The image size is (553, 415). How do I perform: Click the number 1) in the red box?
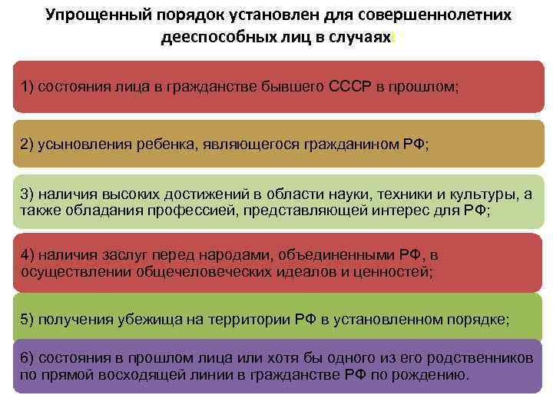(x=27, y=87)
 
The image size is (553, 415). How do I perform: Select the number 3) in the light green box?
(x=27, y=194)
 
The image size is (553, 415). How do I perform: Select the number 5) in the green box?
(x=27, y=319)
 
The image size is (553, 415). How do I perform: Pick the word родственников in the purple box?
(x=479, y=359)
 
